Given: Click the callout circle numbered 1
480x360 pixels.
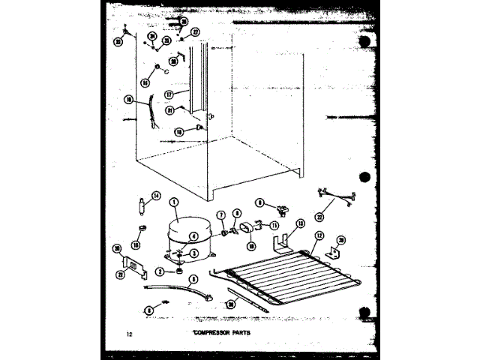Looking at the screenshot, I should coord(173,202).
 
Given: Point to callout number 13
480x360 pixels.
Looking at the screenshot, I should coord(300,223).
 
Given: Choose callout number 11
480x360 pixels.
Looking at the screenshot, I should coord(274,225).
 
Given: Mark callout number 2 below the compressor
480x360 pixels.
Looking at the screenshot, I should coord(159,271).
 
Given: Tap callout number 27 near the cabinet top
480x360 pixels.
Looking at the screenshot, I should coord(195,33).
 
